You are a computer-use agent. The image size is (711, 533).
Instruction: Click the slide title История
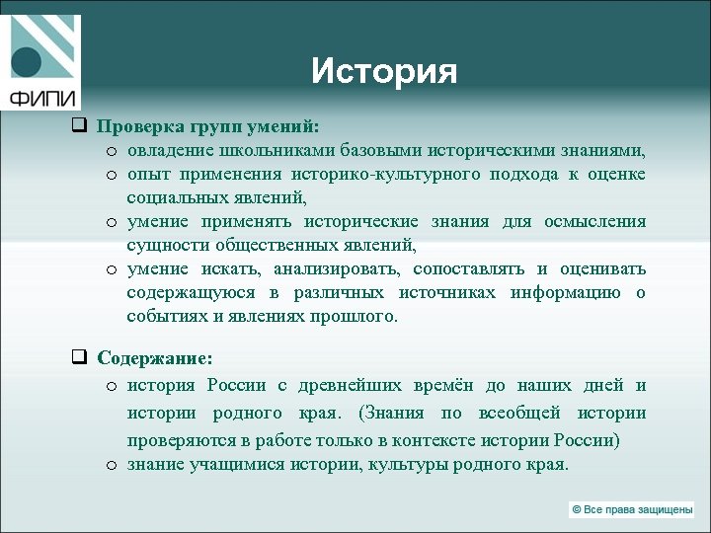[384, 71]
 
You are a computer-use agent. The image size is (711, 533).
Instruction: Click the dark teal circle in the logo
[26, 62]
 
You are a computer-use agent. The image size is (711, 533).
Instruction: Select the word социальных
[168, 197]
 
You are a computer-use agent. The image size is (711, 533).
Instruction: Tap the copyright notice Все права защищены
[631, 509]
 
